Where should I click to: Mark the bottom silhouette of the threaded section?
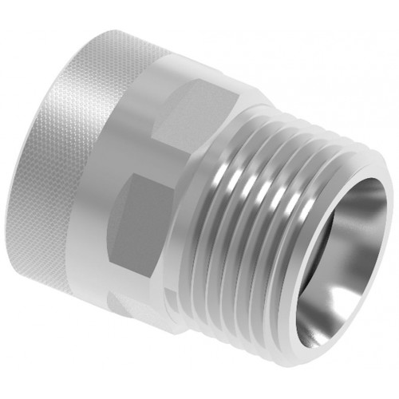255,343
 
